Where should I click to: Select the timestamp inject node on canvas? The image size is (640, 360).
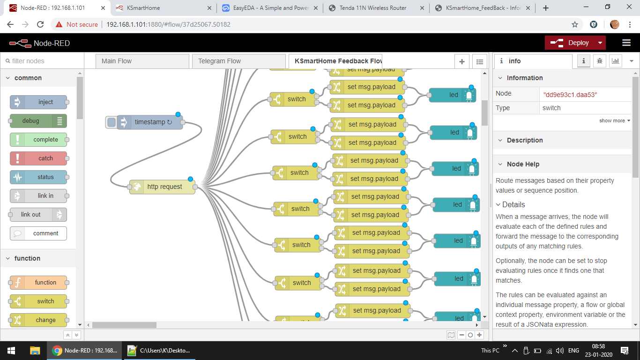(149, 122)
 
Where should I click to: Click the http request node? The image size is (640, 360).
(164, 187)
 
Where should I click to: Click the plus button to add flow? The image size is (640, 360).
(461, 61)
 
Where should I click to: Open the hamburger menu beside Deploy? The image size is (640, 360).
(626, 43)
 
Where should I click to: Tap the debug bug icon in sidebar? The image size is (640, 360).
(599, 61)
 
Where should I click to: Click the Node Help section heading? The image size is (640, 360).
(522, 164)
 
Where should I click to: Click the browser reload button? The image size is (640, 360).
(41, 24)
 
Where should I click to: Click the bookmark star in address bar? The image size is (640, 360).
(574, 24)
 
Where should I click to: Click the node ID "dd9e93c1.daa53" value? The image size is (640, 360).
(570, 94)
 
